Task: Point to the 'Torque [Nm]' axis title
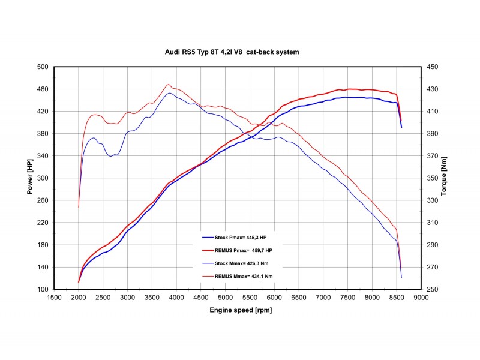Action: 445,178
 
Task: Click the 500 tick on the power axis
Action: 43,67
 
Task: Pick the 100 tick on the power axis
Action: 43,289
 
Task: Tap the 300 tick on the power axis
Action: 43,178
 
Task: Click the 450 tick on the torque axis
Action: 433,67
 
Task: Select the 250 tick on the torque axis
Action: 433,289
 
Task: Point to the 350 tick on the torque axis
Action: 433,178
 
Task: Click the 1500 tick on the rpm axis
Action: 54,296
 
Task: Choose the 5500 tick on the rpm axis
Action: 250,296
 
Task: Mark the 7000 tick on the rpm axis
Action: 323,296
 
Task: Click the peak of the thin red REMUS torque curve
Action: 169,85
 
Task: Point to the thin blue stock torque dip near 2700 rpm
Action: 112,156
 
